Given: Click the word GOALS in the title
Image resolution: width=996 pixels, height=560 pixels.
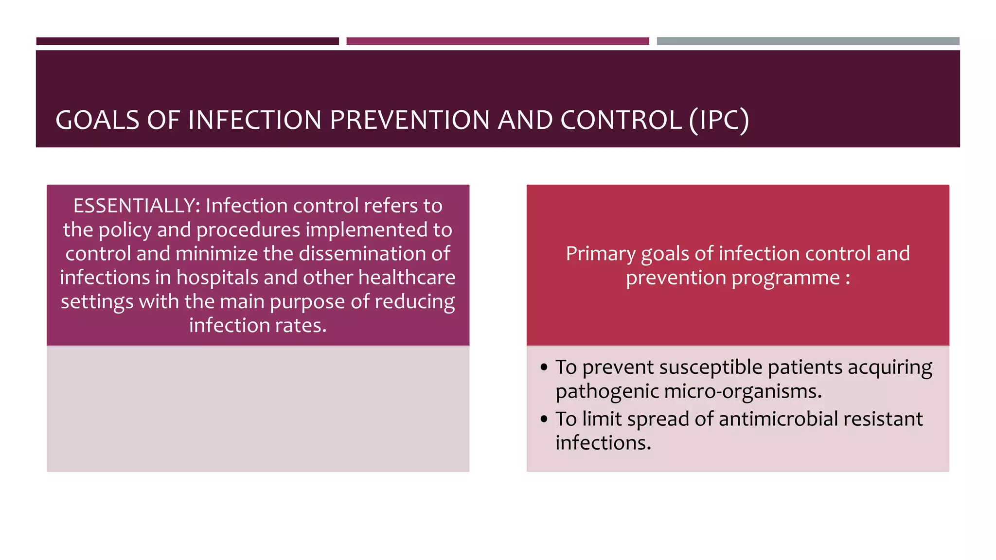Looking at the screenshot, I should click(97, 120).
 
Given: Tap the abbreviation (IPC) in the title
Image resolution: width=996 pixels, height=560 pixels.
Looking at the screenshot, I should click(719, 120).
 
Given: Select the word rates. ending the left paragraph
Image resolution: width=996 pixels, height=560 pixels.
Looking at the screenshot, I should click(301, 325).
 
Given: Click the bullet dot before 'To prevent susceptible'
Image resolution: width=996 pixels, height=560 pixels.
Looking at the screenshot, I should click(544, 367).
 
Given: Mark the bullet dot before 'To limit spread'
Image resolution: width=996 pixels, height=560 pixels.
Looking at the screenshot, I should click(544, 419).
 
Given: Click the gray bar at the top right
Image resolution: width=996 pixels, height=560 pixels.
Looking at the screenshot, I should click(808, 41).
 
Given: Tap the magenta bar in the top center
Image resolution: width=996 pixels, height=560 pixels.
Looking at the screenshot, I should click(498, 41).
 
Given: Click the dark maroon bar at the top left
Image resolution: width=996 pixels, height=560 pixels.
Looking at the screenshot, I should click(187, 41).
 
